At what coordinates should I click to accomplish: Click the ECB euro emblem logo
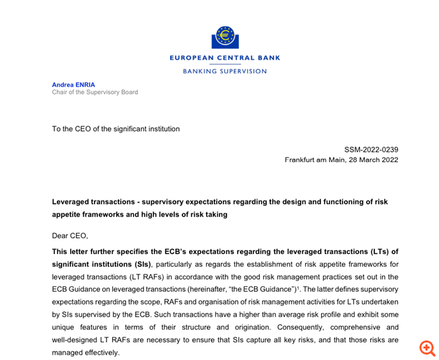coord(225,37)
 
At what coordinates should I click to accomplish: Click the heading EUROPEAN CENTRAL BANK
coord(225,58)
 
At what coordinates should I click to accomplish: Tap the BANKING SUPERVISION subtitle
coord(225,71)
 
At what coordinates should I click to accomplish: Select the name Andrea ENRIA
coord(74,84)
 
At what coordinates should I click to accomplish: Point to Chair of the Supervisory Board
coord(95,93)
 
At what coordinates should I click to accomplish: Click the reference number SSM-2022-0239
coord(371,149)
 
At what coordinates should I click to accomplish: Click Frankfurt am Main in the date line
coord(315,160)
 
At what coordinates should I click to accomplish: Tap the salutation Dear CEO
coord(70,236)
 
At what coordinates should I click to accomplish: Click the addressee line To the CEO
coord(115,128)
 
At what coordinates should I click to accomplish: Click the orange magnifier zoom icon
coord(427,349)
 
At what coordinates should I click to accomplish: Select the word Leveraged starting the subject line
coord(72,202)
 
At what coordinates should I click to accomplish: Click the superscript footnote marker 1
coord(299,288)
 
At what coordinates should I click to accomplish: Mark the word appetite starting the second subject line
coord(68,215)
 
